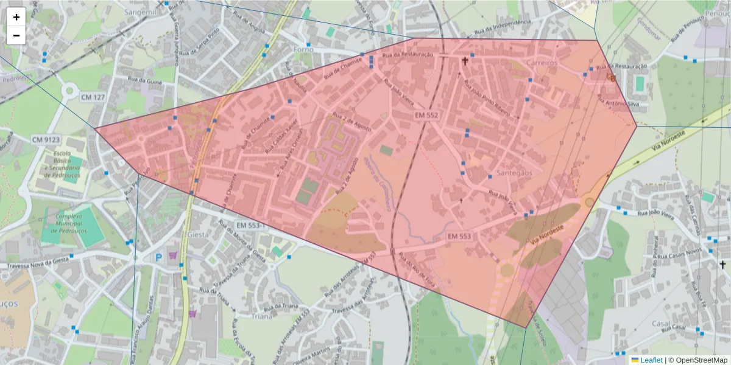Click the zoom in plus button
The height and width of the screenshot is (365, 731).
tap(16, 17)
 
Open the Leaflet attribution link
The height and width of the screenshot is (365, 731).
tap(651, 360)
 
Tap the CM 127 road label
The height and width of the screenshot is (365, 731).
tap(93, 96)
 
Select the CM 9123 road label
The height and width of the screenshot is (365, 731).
tap(46, 140)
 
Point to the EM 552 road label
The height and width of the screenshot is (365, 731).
tap(426, 115)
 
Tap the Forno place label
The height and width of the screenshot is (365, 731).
tap(303, 49)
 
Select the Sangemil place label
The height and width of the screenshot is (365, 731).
tap(141, 12)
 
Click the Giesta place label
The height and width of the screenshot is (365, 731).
tap(199, 233)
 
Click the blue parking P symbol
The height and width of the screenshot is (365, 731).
tap(159, 258)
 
